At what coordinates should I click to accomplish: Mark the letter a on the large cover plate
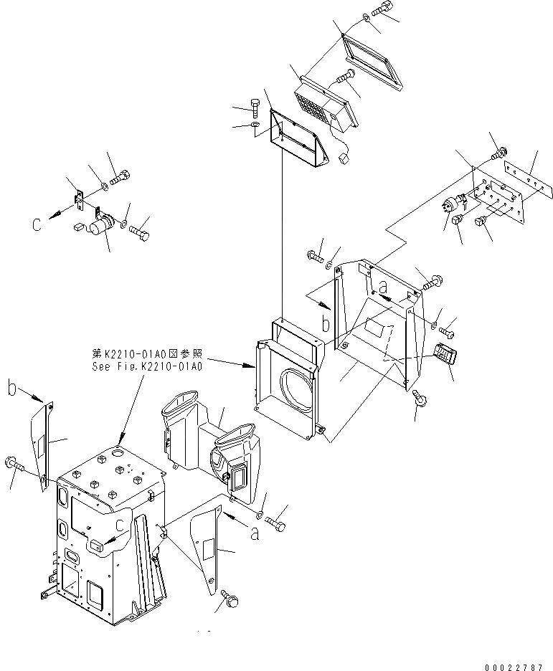[x=383, y=287]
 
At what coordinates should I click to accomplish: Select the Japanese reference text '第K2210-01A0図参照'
[x=148, y=353]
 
